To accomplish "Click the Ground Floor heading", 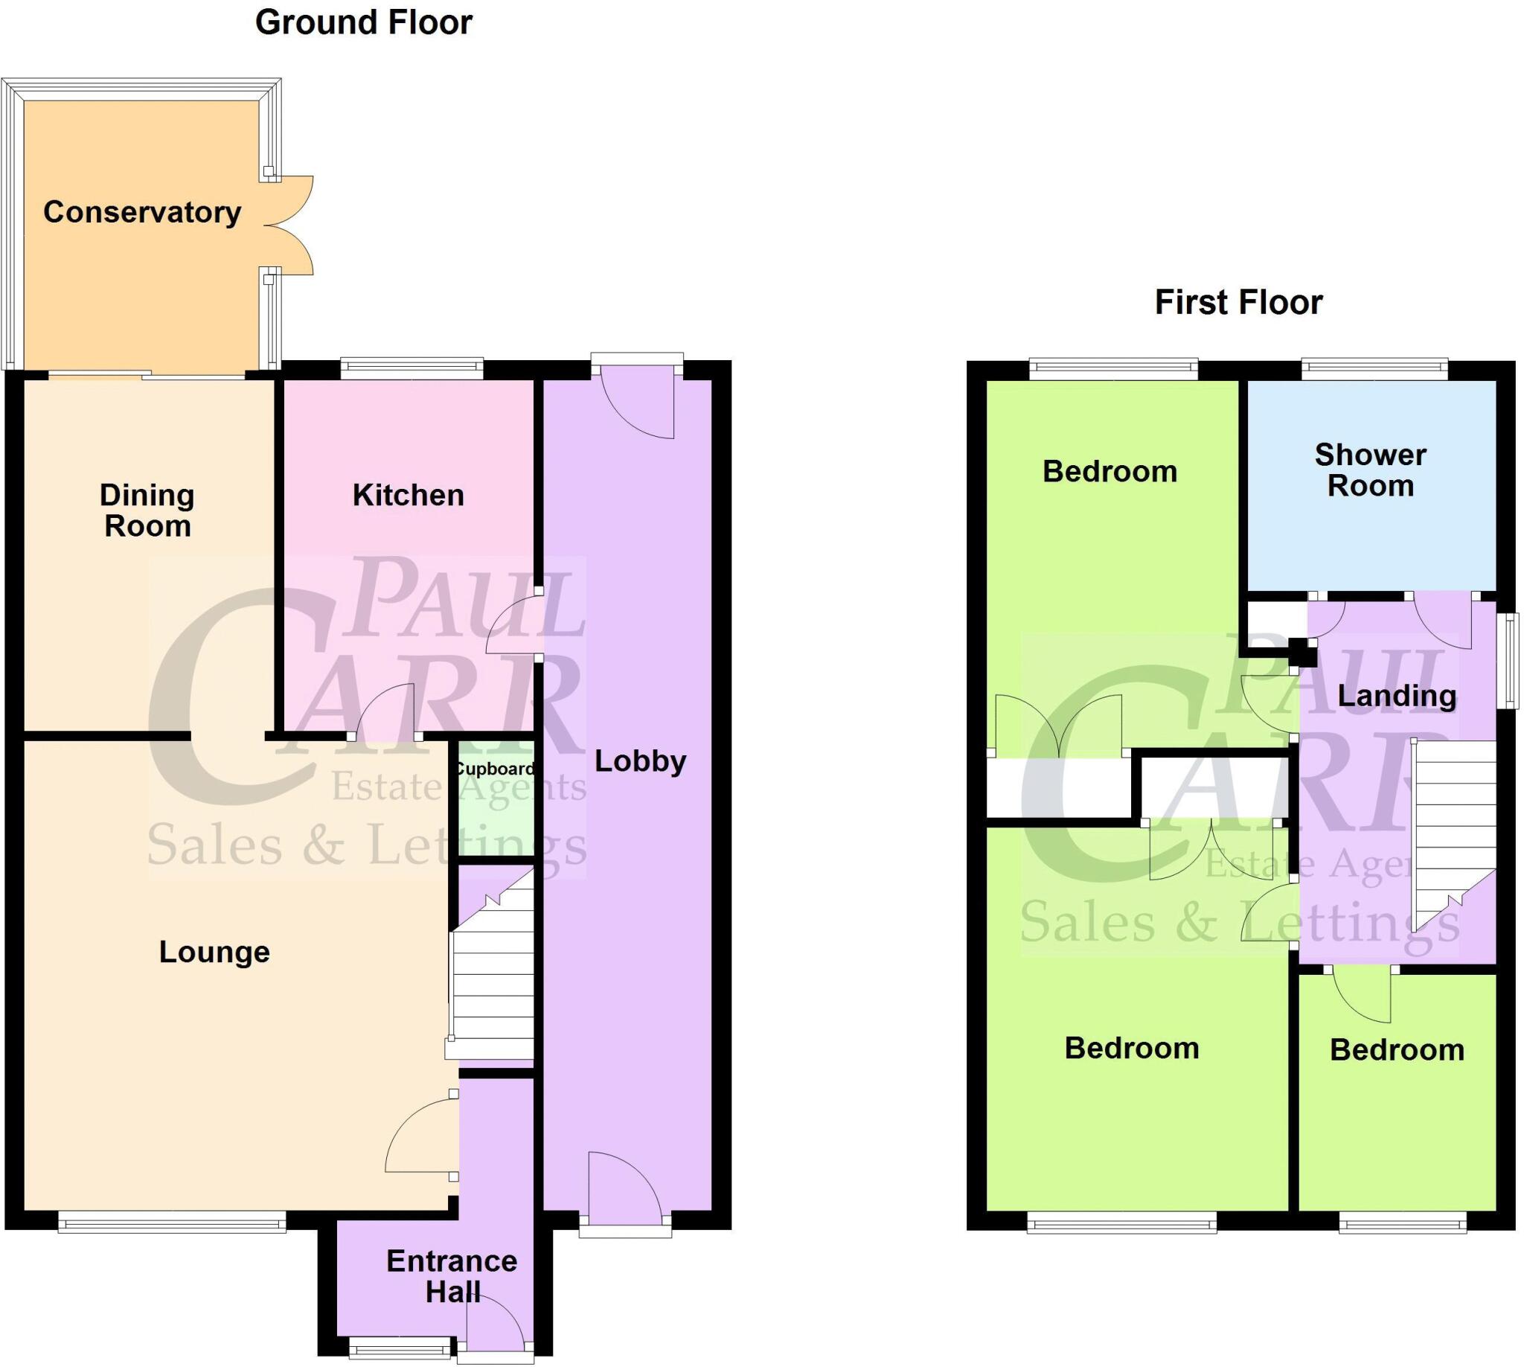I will pos(364,22).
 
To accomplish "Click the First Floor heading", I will pos(1238,303).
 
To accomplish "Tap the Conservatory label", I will pos(142,213).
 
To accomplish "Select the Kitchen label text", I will pos(408,496).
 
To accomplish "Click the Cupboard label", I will pos(495,769).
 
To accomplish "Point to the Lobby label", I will pos(640,761).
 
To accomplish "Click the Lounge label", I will pos(214,953).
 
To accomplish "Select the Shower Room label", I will pos(1370,470).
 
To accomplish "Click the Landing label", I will pos(1396,696).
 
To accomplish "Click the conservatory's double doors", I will pos(289,225).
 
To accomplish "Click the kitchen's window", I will pos(411,368).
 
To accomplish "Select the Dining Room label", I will pos(147,510).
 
